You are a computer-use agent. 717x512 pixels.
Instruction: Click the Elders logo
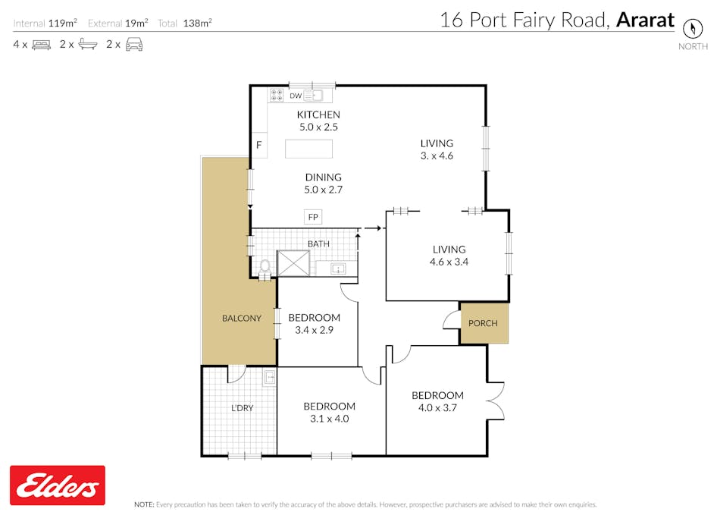57,485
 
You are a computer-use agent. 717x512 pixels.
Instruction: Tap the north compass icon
692,28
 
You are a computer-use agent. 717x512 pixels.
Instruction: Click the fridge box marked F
259,145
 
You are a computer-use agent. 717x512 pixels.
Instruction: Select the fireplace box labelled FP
313,217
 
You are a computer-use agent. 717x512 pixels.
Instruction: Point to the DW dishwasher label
296,96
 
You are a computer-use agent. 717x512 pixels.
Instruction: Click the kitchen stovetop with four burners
277,95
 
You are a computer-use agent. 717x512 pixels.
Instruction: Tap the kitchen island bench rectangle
308,149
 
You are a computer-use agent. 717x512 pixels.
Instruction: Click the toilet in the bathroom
265,268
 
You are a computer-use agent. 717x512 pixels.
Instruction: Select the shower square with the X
293,263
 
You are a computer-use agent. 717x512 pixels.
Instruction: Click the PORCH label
483,323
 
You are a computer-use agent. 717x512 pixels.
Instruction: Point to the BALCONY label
242,318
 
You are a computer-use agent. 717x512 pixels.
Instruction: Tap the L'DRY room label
242,407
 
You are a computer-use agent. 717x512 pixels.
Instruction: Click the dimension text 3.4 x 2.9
314,330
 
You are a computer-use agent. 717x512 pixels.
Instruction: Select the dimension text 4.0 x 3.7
437,407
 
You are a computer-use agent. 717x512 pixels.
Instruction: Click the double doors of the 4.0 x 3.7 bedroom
496,401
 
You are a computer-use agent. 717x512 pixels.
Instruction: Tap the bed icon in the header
41,45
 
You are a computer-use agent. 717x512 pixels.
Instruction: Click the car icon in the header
134,45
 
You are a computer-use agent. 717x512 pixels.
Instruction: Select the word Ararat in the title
645,20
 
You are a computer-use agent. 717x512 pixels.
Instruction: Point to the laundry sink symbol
270,377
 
